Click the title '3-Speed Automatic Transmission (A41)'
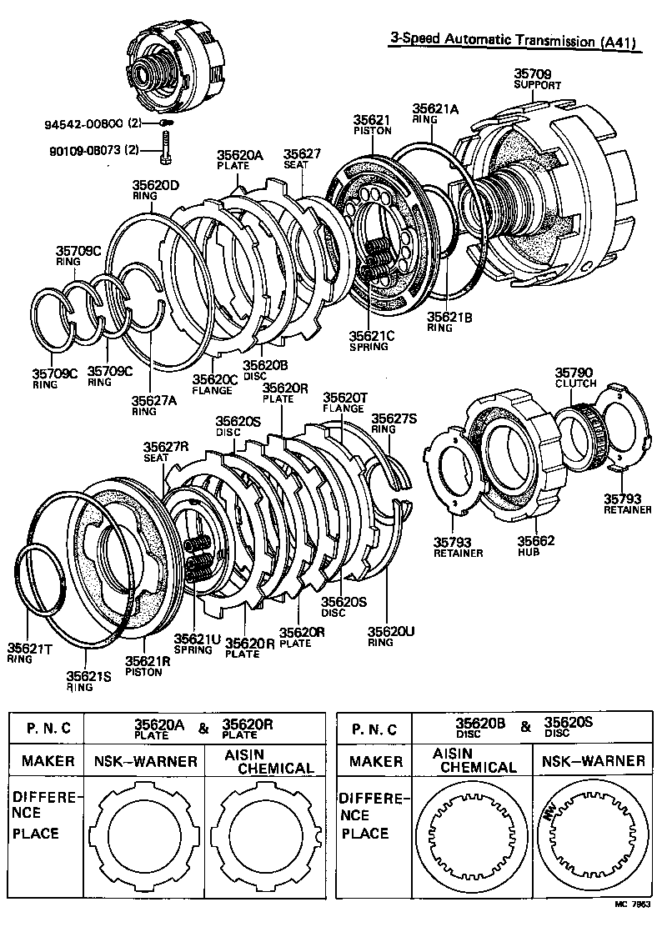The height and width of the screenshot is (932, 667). click(x=514, y=41)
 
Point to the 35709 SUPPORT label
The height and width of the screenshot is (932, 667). click(x=537, y=79)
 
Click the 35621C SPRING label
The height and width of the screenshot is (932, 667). click(x=369, y=340)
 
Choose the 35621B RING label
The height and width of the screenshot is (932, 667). click(x=449, y=322)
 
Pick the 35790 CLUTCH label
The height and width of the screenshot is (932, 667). click(x=576, y=377)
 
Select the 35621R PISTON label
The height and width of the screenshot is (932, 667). click(x=148, y=666)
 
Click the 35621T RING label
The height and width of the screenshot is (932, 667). click(x=30, y=652)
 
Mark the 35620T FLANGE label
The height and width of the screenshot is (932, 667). click(x=344, y=403)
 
